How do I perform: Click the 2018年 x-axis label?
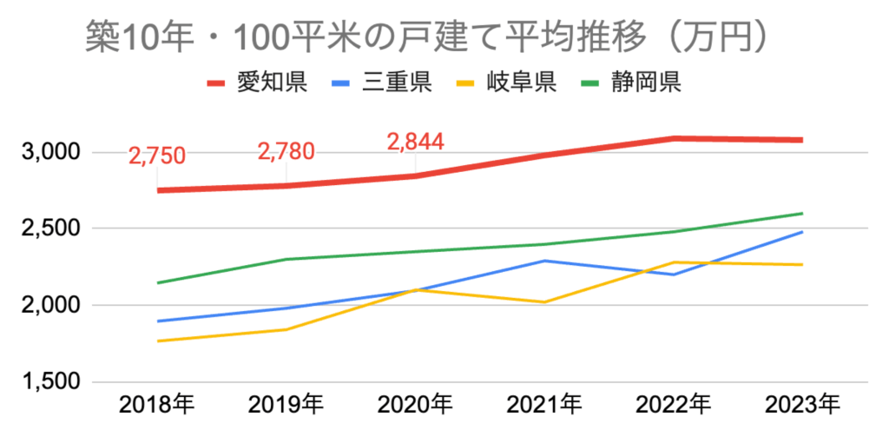pos(157,404)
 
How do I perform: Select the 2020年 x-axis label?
pos(415,404)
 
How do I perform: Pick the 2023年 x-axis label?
pos(802,404)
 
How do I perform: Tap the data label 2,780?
pos(286,152)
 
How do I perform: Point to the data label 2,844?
pos(415,141)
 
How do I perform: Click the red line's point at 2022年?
pos(673,138)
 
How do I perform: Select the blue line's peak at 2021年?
pos(543,261)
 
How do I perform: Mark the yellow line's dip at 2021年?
pos(543,302)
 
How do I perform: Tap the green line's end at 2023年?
pos(801,214)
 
